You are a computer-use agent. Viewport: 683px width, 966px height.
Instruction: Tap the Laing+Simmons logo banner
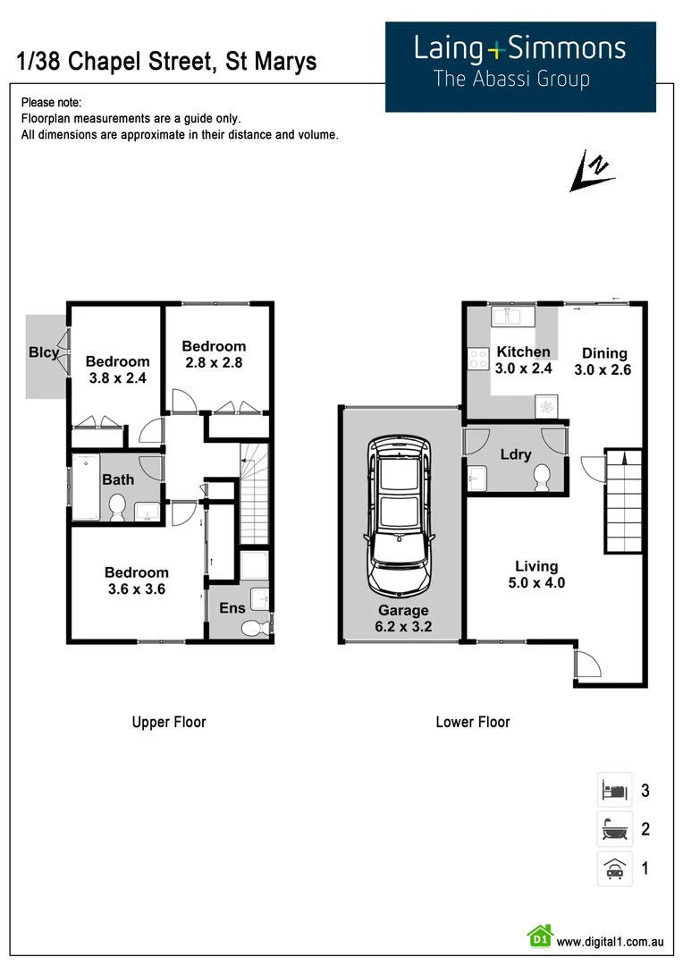click(520, 67)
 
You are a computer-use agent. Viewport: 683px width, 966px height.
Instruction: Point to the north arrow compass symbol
click(592, 173)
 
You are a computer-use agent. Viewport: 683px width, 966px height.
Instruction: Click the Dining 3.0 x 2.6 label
click(604, 361)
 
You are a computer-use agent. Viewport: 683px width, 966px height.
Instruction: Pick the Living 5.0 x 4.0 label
click(536, 574)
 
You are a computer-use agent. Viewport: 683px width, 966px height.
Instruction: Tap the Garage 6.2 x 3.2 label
click(402, 619)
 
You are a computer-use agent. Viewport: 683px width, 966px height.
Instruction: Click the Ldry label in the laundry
click(516, 453)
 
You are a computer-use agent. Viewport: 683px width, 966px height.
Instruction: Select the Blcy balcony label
click(44, 352)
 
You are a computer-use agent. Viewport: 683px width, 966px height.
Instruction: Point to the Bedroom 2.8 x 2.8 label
click(214, 354)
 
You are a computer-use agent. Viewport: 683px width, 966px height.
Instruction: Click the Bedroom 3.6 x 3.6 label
click(136, 580)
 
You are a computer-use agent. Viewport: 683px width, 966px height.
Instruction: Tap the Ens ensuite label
click(232, 608)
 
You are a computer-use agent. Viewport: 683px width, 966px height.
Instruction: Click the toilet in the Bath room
click(116, 508)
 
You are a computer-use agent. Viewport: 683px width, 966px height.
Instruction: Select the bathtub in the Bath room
click(86, 487)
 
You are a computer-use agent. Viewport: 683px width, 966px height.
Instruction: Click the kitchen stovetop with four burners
click(478, 360)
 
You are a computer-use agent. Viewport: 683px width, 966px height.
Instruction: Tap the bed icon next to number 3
click(614, 790)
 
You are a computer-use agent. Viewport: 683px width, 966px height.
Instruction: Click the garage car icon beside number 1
click(614, 868)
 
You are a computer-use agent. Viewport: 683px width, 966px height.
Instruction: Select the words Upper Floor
click(169, 722)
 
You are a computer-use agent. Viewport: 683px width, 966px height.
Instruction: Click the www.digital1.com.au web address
click(610, 941)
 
